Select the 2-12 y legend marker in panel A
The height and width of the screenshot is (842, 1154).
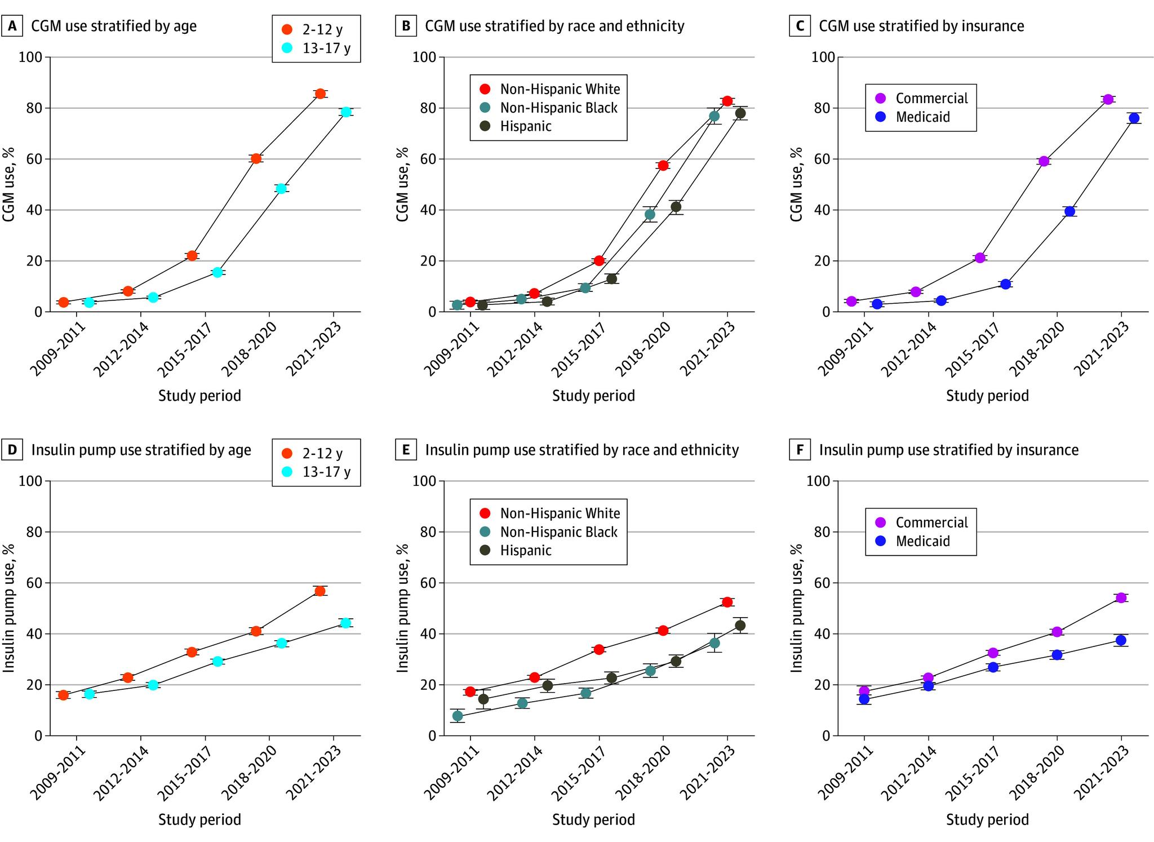pyautogui.click(x=287, y=29)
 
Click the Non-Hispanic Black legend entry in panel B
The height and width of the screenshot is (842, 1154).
pyautogui.click(x=558, y=108)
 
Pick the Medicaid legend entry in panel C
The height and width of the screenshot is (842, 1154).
pyautogui.click(x=922, y=117)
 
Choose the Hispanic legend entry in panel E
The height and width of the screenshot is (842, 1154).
pyautogui.click(x=525, y=550)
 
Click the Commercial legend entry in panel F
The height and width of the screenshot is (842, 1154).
pyautogui.click(x=931, y=522)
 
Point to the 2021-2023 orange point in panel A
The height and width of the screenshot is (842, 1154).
pyautogui.click(x=320, y=94)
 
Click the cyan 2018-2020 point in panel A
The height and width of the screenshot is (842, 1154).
pyautogui.click(x=281, y=188)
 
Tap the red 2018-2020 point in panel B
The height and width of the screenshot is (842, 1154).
pyautogui.click(x=663, y=165)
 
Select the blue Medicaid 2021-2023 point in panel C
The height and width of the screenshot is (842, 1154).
pyautogui.click(x=1134, y=118)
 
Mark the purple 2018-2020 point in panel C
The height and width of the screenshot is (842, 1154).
pyautogui.click(x=1044, y=161)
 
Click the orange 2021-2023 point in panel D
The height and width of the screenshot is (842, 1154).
pyautogui.click(x=320, y=591)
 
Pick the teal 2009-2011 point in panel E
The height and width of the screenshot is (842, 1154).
pyautogui.click(x=458, y=716)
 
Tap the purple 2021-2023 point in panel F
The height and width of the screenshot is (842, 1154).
pyautogui.click(x=1121, y=597)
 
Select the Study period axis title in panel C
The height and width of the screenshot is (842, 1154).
pyautogui.click(x=987, y=396)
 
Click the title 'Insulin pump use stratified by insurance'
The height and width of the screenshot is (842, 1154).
pyautogui.click(x=949, y=450)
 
